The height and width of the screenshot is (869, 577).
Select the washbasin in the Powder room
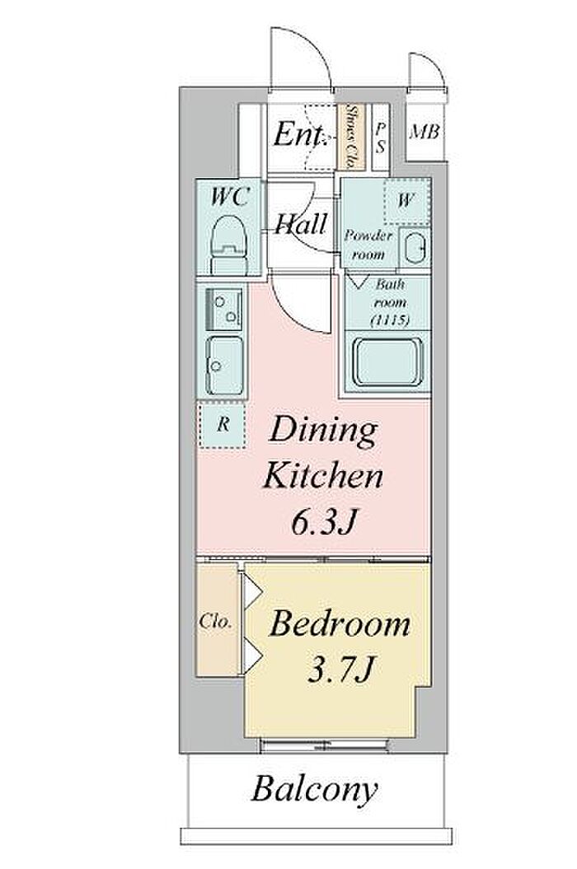point(415,249)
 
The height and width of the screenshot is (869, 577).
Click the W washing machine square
point(406,200)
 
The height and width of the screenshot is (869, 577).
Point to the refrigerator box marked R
point(223,424)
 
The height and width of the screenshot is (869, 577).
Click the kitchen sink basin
point(225,365)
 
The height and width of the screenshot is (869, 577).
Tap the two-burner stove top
point(224,309)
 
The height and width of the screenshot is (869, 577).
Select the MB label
point(425,132)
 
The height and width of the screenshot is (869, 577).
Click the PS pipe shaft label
point(380,138)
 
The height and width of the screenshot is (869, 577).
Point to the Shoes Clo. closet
point(351,137)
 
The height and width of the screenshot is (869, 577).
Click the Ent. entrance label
point(299,133)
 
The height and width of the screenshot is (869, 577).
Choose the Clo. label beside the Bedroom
point(214,621)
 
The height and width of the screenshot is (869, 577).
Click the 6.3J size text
point(322,521)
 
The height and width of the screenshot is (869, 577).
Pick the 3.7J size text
point(339,670)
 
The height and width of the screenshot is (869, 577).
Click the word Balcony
point(315,789)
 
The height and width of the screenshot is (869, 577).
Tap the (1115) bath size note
point(390,320)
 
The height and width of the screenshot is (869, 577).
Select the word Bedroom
point(340,624)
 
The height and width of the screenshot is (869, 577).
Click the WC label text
point(230,197)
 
